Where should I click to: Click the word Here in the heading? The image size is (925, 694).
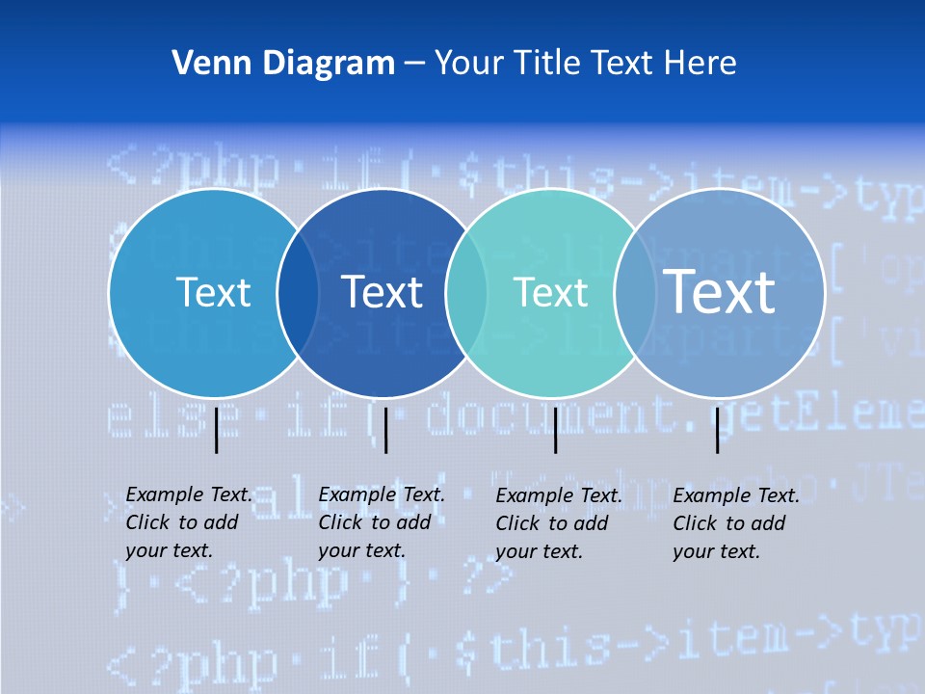click(700, 64)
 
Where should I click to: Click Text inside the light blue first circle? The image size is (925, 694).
click(213, 292)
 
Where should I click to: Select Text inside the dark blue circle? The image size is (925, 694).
click(382, 292)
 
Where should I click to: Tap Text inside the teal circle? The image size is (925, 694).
click(550, 292)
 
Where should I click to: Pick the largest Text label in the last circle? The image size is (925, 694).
click(719, 291)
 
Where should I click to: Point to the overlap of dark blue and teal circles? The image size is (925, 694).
click(466, 292)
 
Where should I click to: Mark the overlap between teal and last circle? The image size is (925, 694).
click(635, 292)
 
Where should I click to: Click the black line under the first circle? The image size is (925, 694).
click(216, 430)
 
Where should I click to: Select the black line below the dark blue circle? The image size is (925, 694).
click(385, 430)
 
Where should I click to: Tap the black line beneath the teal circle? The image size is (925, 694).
click(555, 430)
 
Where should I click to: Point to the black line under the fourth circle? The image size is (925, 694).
click(717, 430)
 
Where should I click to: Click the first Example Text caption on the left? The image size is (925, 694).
click(188, 522)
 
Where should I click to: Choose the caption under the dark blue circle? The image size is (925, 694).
click(381, 522)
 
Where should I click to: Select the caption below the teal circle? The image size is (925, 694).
click(558, 523)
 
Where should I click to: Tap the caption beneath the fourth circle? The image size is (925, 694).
click(735, 523)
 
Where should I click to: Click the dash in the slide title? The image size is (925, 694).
click(414, 65)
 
